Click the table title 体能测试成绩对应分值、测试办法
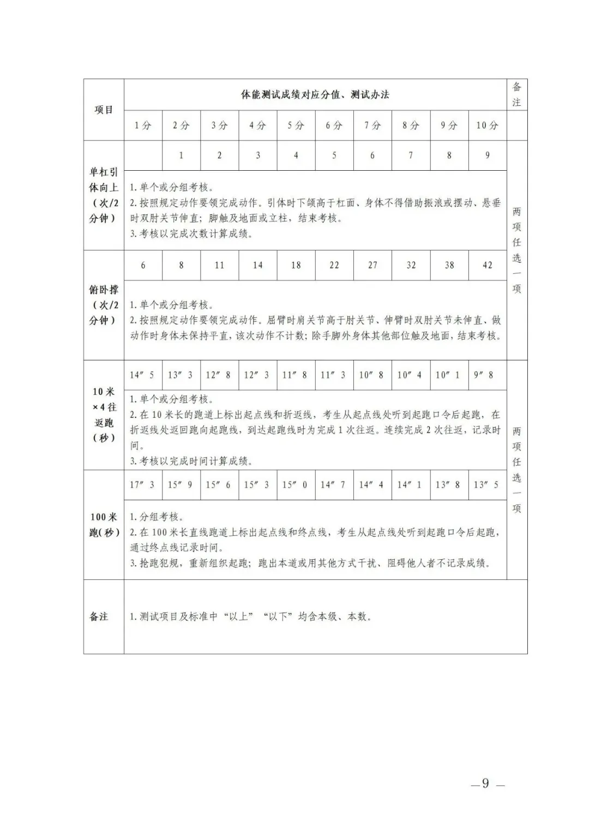315,94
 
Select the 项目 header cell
104,110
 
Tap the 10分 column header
487,125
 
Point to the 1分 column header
143,125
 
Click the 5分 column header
296,125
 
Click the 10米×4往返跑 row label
104,414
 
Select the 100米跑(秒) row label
104,524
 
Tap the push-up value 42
487,265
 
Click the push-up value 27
372,265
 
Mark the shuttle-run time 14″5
142,375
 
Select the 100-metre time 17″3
142,484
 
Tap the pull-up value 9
487,155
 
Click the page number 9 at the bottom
485,784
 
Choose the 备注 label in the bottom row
99,616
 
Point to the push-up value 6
143,265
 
